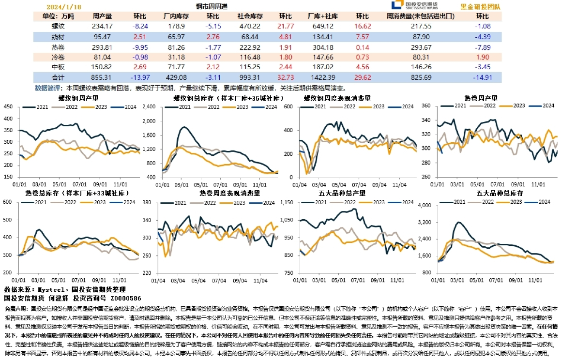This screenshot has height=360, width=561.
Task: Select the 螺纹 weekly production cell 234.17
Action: click(102, 26)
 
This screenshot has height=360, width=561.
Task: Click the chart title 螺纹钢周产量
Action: click(78, 98)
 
